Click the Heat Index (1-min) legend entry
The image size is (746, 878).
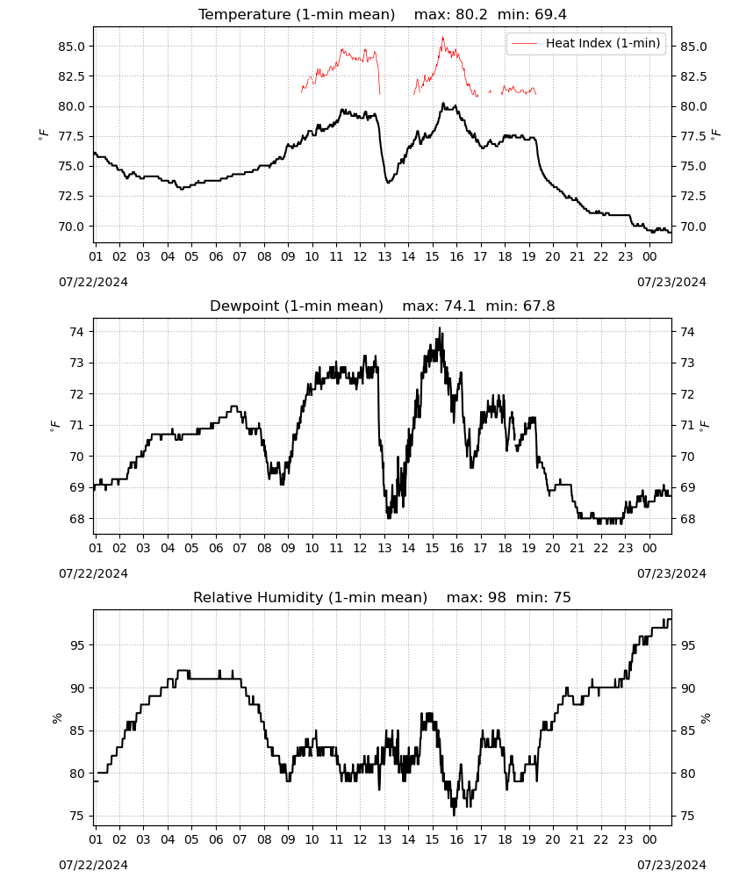[x=586, y=43]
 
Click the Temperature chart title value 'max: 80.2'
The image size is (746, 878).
[x=450, y=14]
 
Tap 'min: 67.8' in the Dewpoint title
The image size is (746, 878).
[x=520, y=306]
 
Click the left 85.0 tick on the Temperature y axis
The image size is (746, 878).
[x=72, y=47]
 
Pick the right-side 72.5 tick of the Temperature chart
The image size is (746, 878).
[x=693, y=196]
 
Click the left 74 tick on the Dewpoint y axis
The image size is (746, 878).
[x=76, y=332]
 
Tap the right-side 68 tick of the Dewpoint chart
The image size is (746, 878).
[x=687, y=519]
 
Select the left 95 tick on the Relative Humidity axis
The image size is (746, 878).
[x=76, y=645]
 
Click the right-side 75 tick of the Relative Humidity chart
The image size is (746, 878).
[x=687, y=817]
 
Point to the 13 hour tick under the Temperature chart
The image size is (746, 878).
[x=384, y=256]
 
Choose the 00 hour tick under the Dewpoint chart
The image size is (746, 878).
[x=649, y=548]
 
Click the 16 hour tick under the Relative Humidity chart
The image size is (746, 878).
[x=456, y=839]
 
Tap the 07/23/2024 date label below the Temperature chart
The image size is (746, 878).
[x=671, y=282]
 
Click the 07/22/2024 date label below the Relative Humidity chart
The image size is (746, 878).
[x=93, y=865]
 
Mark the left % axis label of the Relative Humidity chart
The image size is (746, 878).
[x=56, y=718]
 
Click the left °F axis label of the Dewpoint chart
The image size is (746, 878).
[x=54, y=427]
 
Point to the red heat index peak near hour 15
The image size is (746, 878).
[x=442, y=38]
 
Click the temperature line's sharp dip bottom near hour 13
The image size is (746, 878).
[x=388, y=182]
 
